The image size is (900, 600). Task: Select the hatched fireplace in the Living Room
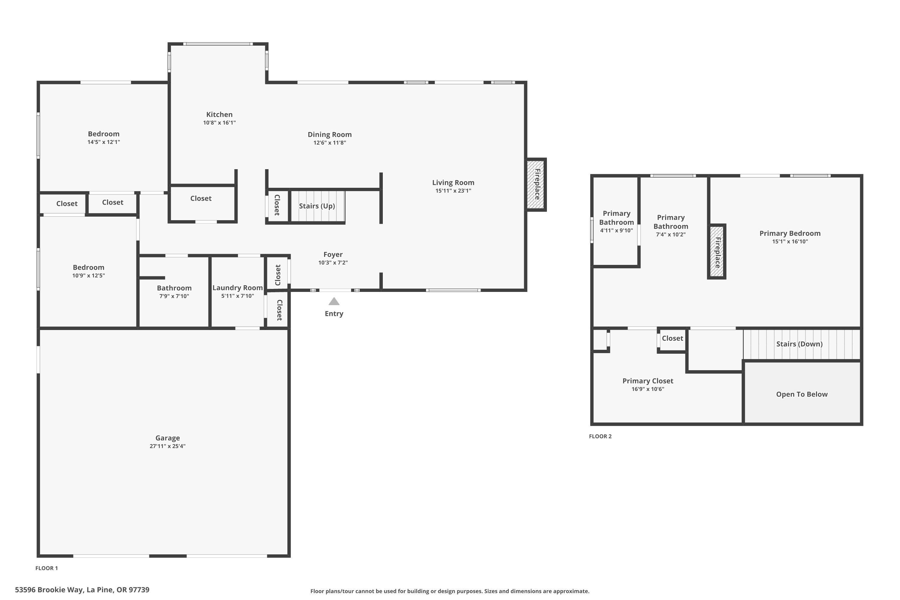tap(536, 184)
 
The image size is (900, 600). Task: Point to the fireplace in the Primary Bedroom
tap(717, 251)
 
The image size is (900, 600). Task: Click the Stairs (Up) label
tap(317, 206)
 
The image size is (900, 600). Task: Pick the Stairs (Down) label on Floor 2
tap(799, 343)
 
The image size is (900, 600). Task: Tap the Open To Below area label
tap(801, 394)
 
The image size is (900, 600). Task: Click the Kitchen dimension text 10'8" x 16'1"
tap(219, 123)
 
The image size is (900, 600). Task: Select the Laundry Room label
tap(237, 288)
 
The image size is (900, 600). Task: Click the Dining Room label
tap(329, 134)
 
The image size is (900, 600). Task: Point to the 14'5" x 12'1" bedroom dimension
tap(104, 142)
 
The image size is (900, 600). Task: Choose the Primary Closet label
tap(647, 381)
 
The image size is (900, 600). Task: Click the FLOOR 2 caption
tap(600, 436)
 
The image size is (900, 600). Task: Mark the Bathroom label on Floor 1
tap(174, 288)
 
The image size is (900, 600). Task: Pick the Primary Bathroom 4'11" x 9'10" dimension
tap(616, 230)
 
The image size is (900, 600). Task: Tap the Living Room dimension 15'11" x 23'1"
tap(453, 190)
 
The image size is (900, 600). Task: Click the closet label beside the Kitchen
tap(201, 198)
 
